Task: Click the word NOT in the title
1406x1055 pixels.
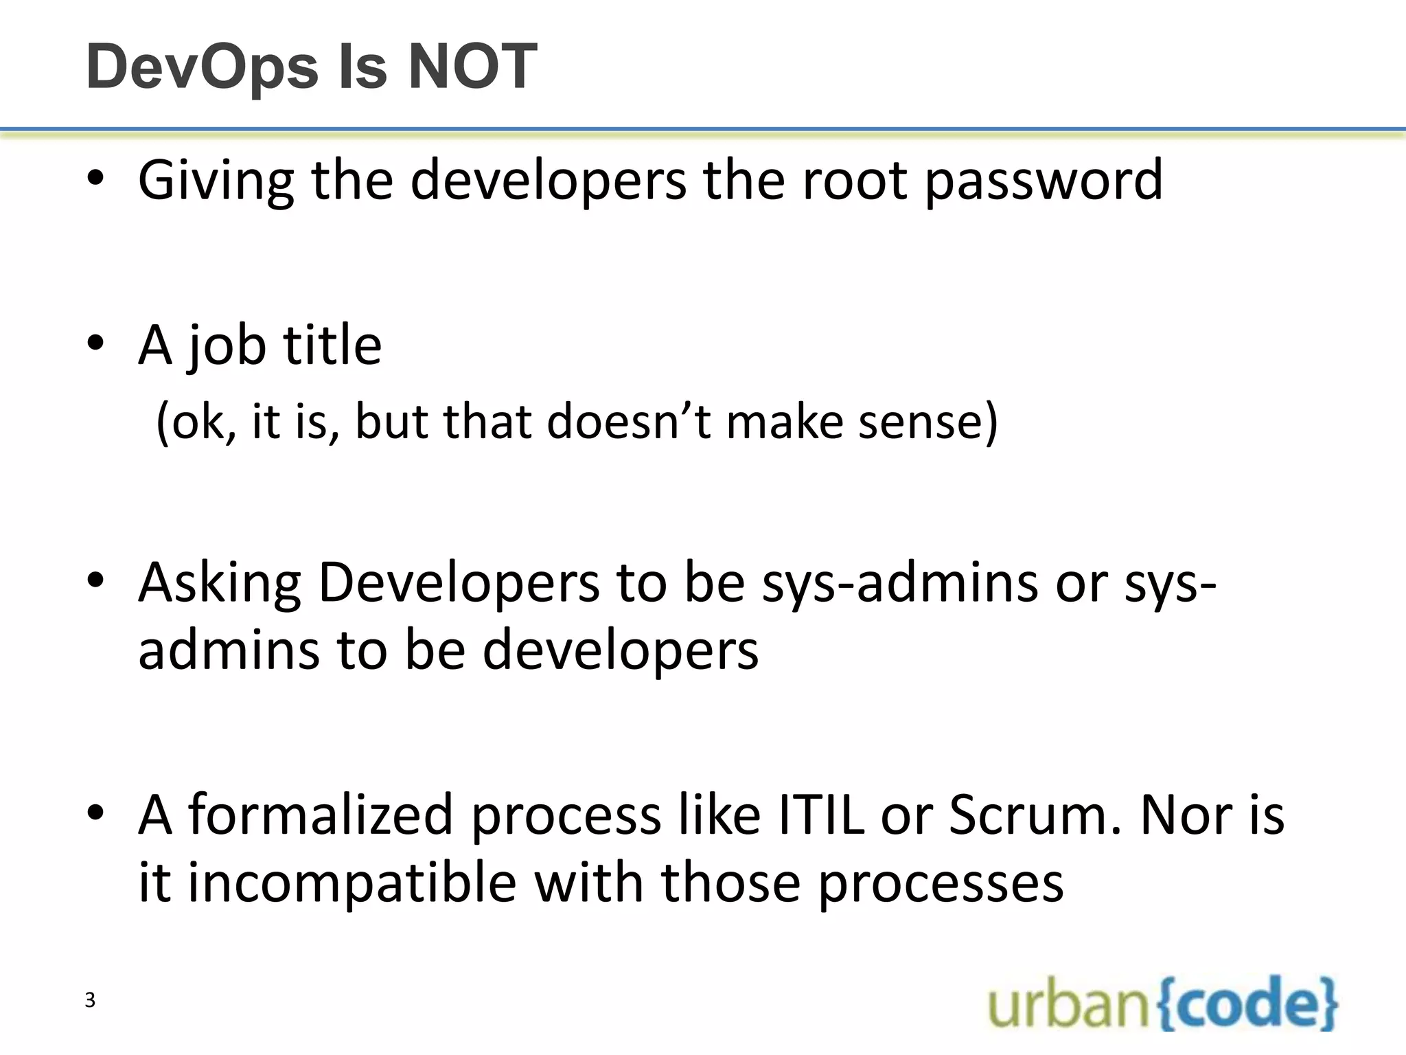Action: [473, 67]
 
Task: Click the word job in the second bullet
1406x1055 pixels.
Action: [227, 345]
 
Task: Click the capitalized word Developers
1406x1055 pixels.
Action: [459, 583]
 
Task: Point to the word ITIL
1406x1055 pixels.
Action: [821, 815]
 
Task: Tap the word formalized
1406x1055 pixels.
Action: [321, 815]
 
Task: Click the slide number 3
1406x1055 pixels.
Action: [90, 1001]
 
